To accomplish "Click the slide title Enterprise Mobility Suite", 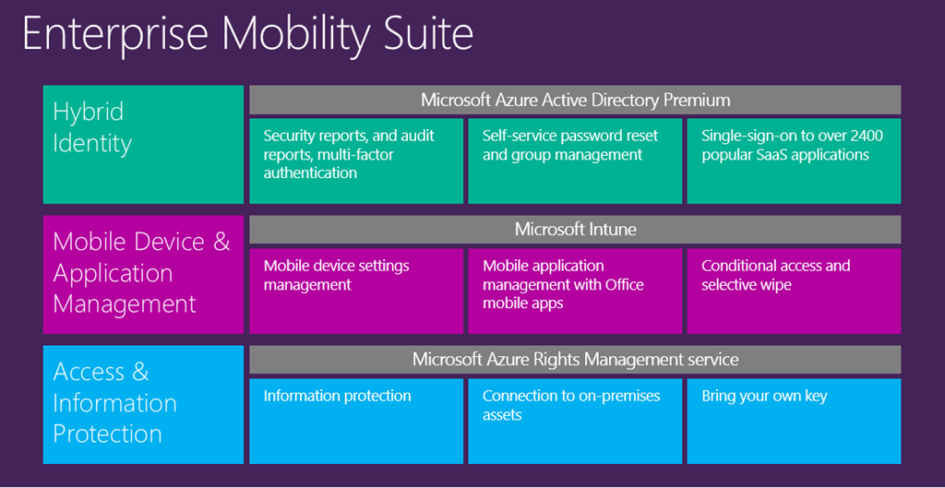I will pyautogui.click(x=247, y=34).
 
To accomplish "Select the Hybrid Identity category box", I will pyautogui.click(x=143, y=144).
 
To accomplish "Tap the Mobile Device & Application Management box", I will pyautogui.click(x=143, y=274).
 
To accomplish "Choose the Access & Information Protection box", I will pyautogui.click(x=143, y=404).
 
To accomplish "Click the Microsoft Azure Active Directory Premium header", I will pyautogui.click(x=575, y=100).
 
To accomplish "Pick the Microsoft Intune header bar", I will pyautogui.click(x=575, y=229).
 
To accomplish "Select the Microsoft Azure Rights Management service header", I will pyautogui.click(x=575, y=359).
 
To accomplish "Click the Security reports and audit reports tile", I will pyautogui.click(x=356, y=161).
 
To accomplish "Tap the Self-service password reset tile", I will pyautogui.click(x=575, y=161).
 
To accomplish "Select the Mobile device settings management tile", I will pyautogui.click(x=356, y=291).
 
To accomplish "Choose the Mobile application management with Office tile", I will pyautogui.click(x=575, y=291).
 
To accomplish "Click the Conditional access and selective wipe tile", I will pyautogui.click(x=794, y=291).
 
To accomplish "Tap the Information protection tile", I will pyautogui.click(x=356, y=421).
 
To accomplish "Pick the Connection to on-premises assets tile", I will pyautogui.click(x=575, y=421).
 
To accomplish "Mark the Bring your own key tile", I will pyautogui.click(x=794, y=421).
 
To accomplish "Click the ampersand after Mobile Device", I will pyautogui.click(x=221, y=242).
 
